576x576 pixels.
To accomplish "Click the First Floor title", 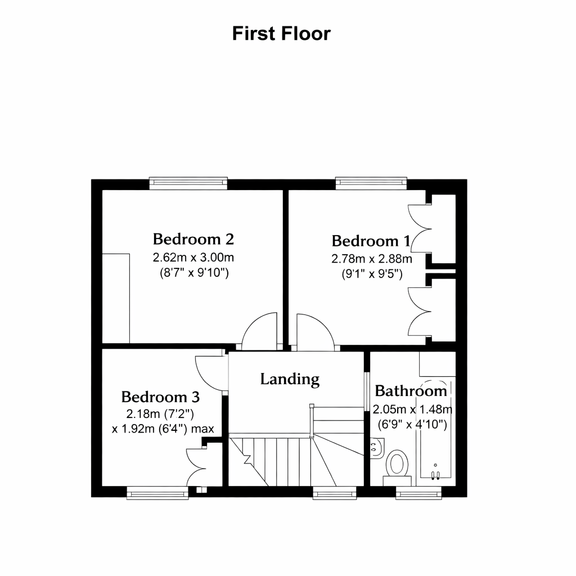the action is click(x=281, y=33).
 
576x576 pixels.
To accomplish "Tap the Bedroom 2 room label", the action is click(x=193, y=239).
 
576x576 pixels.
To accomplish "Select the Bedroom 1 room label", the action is click(x=371, y=241).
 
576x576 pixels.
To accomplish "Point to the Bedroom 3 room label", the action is click(x=160, y=397).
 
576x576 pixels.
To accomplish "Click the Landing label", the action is click(x=290, y=380).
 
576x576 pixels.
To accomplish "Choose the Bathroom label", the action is click(x=411, y=391).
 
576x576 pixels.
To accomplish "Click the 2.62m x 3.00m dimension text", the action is click(x=193, y=258).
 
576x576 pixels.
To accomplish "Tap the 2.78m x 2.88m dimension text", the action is click(x=371, y=259).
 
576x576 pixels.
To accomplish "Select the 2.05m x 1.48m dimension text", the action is click(x=412, y=409).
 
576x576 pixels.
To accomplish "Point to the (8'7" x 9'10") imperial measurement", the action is click(x=194, y=273).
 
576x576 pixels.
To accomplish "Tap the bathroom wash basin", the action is click(x=377, y=448).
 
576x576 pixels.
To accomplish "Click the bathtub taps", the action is click(x=435, y=474).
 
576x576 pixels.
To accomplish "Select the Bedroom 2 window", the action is click(x=188, y=183).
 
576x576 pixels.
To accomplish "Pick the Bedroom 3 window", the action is click(x=157, y=493).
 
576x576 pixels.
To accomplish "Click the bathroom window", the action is click(x=418, y=493).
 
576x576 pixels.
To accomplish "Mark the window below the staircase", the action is click(x=335, y=493).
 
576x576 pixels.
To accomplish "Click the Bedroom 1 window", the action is click(x=371, y=183).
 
